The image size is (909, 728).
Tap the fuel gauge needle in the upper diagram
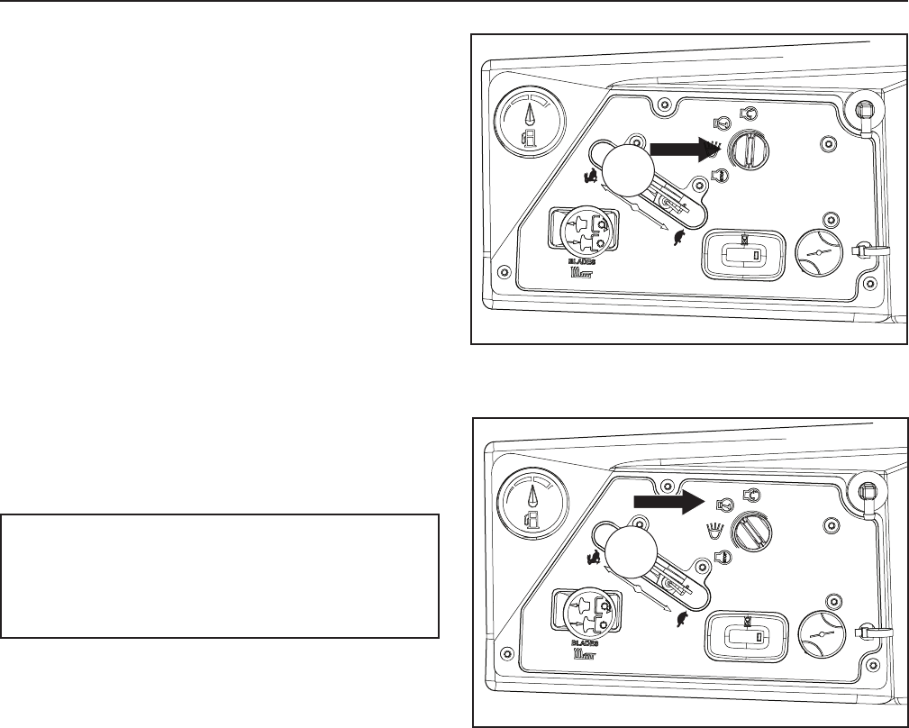tap(528, 115)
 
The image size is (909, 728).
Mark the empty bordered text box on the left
tap(221, 576)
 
